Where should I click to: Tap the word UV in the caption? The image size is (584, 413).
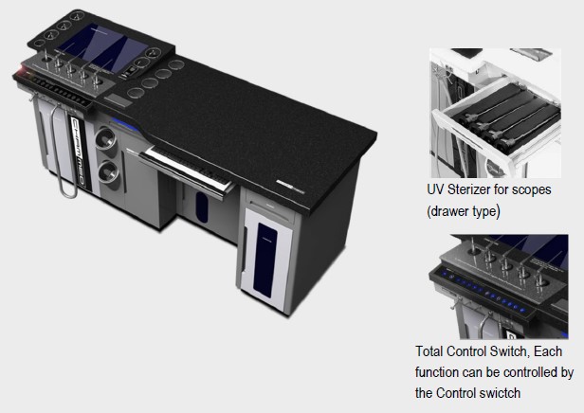[x=435, y=189]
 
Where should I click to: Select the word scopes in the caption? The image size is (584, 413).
[x=532, y=190]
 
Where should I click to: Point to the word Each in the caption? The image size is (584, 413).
[x=548, y=351]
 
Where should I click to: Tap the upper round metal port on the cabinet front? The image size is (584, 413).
[x=106, y=138]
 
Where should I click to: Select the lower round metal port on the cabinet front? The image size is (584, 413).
[x=109, y=171]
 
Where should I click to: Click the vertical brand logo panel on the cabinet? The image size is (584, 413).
[x=79, y=153]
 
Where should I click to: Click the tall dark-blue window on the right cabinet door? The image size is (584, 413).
[x=265, y=260]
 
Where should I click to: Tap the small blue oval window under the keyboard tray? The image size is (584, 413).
[x=202, y=206]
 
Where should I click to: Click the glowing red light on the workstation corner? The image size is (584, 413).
[x=22, y=69]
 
